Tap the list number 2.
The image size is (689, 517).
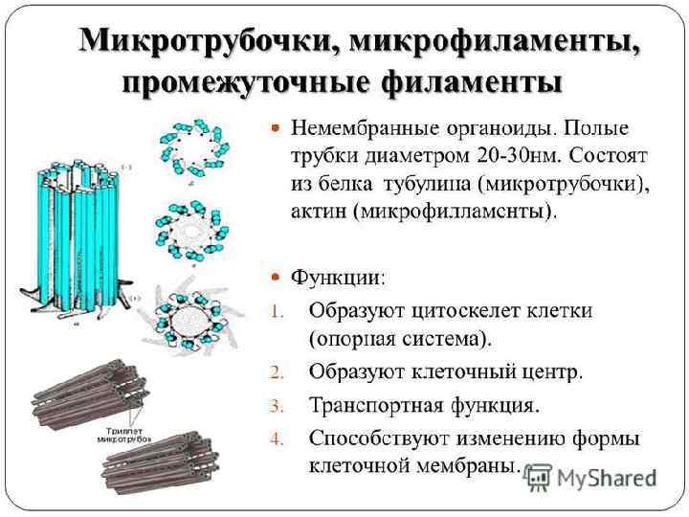coord(275,370)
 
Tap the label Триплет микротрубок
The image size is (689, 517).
coord(125,433)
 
